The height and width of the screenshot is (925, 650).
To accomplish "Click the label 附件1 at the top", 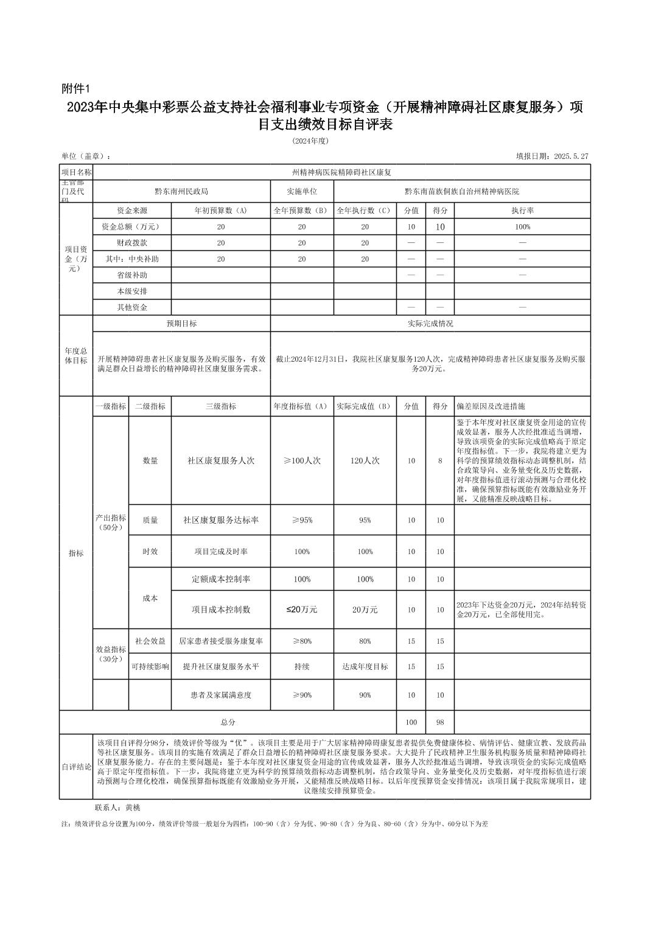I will [x=76, y=89].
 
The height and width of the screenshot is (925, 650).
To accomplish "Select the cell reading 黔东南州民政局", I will [x=181, y=191].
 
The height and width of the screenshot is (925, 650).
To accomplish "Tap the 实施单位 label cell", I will [x=302, y=191].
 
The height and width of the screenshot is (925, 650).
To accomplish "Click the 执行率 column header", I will [x=522, y=211].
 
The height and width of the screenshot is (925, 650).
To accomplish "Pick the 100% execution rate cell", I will [x=522, y=227].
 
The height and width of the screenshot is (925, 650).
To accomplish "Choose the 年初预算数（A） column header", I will [x=220, y=211].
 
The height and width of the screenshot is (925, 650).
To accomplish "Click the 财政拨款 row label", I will [x=132, y=243].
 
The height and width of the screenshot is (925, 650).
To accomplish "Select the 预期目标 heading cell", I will [x=181, y=324].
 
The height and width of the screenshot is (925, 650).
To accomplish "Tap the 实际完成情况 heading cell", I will [x=430, y=324].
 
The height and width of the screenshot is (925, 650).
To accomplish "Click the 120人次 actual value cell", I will [x=365, y=461].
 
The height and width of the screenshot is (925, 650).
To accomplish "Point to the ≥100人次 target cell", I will [x=302, y=461].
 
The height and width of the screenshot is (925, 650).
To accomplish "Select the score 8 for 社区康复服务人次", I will [x=440, y=461].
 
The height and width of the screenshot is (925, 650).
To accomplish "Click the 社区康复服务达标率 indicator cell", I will [x=220, y=521].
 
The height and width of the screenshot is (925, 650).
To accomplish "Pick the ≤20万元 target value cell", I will [x=302, y=610].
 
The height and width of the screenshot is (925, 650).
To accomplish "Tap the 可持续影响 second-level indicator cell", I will [x=150, y=667].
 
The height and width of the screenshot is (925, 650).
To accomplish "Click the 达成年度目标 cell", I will [x=365, y=667].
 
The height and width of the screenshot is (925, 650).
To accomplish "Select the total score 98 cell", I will [x=440, y=722].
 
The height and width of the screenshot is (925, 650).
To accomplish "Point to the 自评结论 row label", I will [x=76, y=767].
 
